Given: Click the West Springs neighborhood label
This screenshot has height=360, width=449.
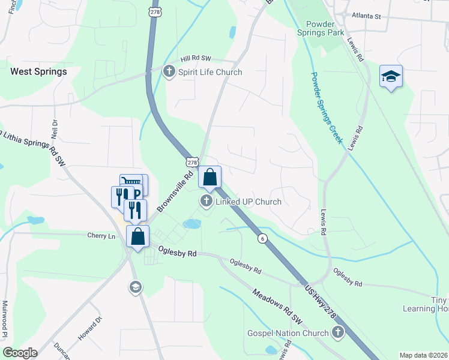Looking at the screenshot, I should pyautogui.click(x=38, y=71).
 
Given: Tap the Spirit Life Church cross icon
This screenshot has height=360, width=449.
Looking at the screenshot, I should pyautogui.click(x=169, y=72).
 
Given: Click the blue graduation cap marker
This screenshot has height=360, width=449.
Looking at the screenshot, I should pyautogui.click(x=391, y=76).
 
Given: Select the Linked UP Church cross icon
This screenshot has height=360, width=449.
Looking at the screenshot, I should pyautogui.click(x=206, y=202).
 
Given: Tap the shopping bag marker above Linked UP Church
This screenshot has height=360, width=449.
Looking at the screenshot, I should pyautogui.click(x=210, y=177).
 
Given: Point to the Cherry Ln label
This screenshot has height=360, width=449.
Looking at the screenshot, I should pyautogui.click(x=101, y=236).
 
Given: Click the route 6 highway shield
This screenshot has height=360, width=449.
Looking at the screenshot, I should pyautogui.click(x=262, y=238).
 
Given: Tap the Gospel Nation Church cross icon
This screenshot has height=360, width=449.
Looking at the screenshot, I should pyautogui.click(x=338, y=332).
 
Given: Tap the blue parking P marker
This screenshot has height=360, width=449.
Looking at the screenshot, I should pyautogui.click(x=137, y=193).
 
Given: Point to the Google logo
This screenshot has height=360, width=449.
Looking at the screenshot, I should pyautogui.click(x=19, y=353).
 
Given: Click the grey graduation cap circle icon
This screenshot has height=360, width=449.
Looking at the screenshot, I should pyautogui.click(x=136, y=288).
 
